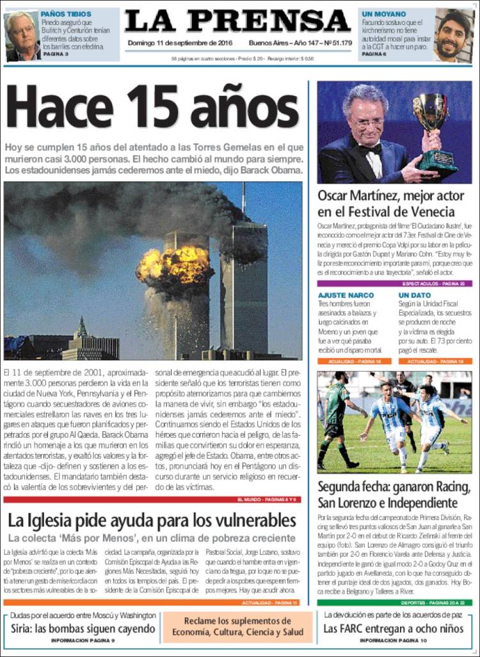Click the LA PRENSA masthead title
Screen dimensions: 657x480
[x=237, y=22]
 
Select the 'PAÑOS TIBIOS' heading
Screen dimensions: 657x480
[x=66, y=13]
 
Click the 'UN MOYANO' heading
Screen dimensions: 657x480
[x=383, y=13]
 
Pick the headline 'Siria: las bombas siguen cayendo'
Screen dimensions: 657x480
[x=83, y=628]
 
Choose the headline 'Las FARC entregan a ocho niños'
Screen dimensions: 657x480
[x=393, y=628]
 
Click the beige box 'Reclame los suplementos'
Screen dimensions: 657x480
[x=237, y=627]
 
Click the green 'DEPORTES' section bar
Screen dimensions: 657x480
[x=394, y=602]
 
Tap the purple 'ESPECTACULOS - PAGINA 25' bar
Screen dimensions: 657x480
[x=394, y=283]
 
